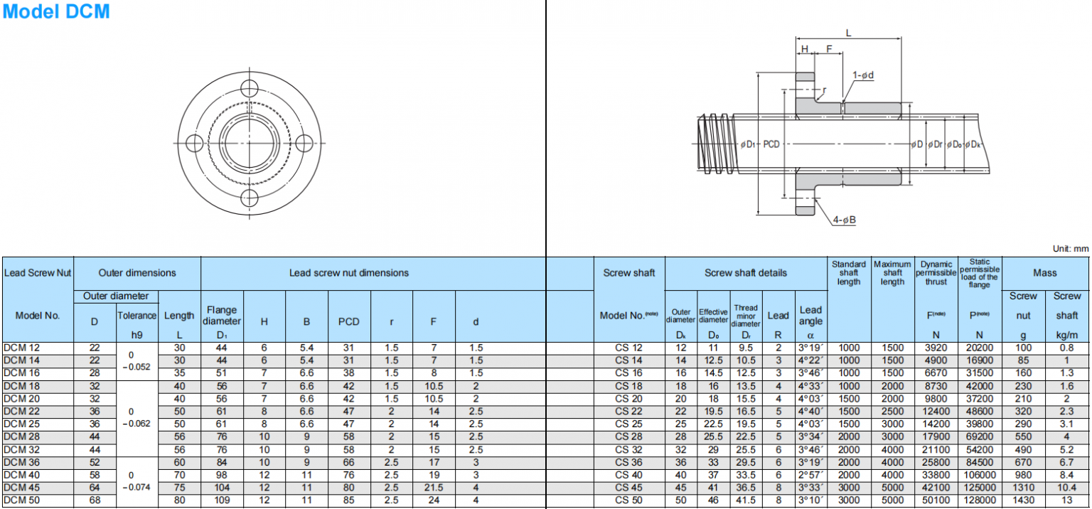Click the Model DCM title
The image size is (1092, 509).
click(56, 12)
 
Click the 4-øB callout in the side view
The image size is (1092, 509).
click(844, 220)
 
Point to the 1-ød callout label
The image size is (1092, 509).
click(863, 75)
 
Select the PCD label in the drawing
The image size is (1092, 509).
click(771, 144)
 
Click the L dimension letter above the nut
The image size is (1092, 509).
click(848, 32)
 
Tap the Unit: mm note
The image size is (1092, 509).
click(1070, 249)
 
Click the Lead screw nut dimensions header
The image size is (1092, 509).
click(348, 273)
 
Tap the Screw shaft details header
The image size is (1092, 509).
click(745, 273)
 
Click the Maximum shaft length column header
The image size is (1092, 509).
click(892, 273)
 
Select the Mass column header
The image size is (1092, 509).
click(1045, 273)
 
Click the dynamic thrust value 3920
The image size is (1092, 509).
click(936, 348)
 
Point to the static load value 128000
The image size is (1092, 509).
click(979, 501)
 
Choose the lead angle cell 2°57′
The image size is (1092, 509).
click(810, 476)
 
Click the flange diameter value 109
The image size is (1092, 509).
click(222, 501)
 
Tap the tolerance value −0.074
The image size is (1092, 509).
click(136, 488)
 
